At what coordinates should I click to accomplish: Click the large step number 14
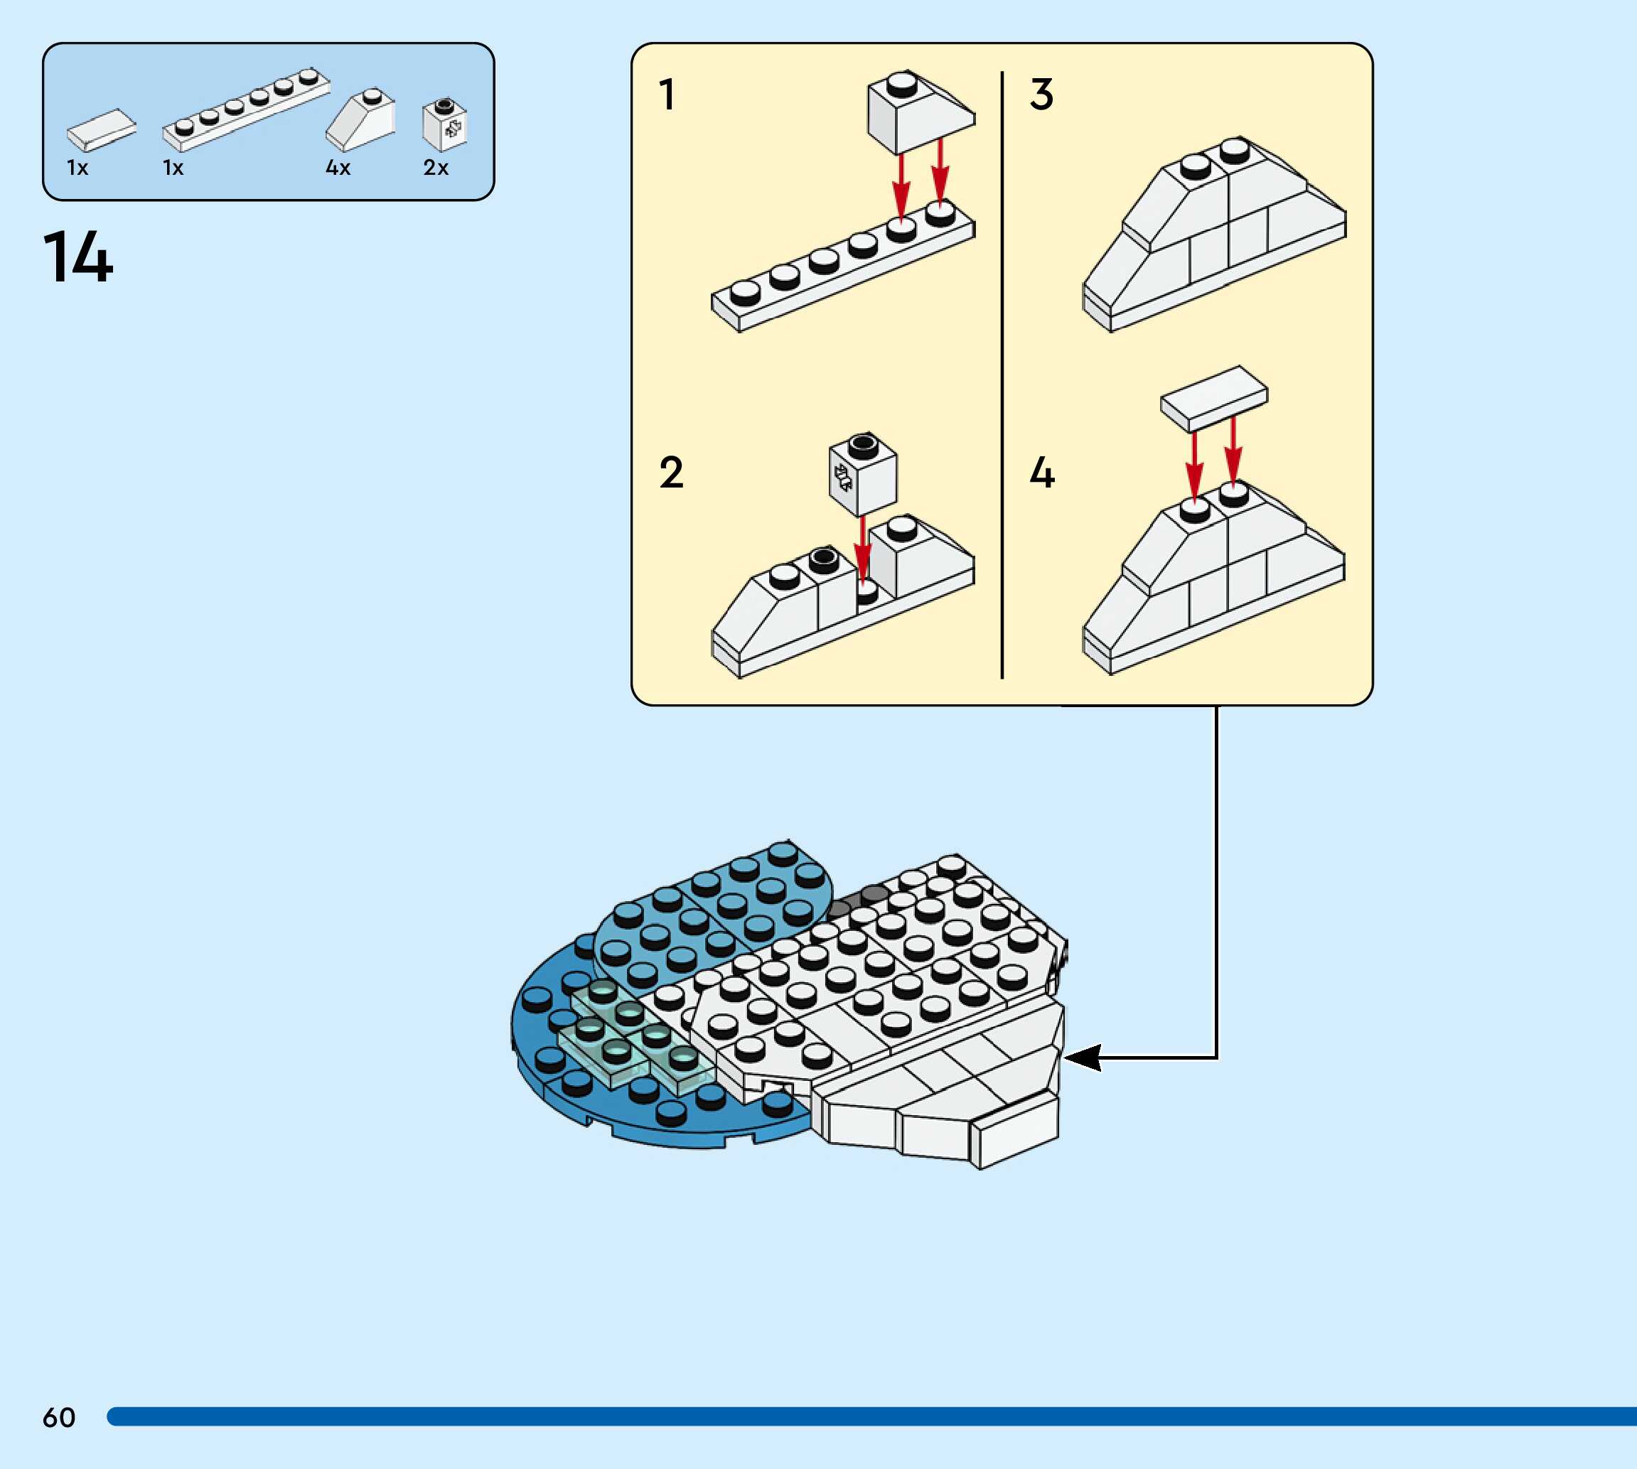tap(77, 257)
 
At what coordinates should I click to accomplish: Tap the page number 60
tap(59, 1417)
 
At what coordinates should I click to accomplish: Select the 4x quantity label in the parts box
tap(338, 168)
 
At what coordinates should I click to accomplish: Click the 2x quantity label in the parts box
tap(435, 168)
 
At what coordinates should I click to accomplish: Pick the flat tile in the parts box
tap(101, 129)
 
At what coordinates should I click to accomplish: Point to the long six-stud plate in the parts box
tap(245, 109)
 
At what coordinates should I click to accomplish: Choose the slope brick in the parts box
tap(361, 120)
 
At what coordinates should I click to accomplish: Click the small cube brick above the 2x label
tap(444, 125)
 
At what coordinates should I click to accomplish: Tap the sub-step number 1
tap(667, 95)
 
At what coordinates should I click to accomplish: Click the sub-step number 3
tap(1041, 95)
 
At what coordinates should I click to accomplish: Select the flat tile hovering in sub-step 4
tap(1213, 397)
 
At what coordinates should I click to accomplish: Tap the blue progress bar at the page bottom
tap(871, 1416)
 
